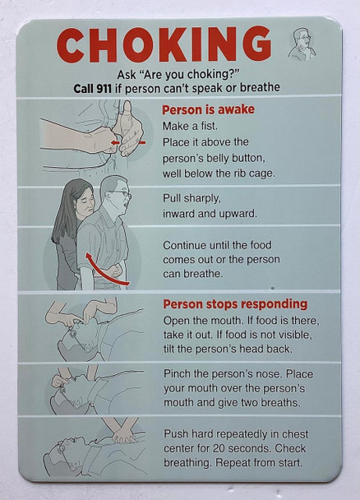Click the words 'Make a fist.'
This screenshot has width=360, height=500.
pyautogui.click(x=192, y=126)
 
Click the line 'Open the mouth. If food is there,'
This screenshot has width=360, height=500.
pyautogui.click(x=240, y=320)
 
